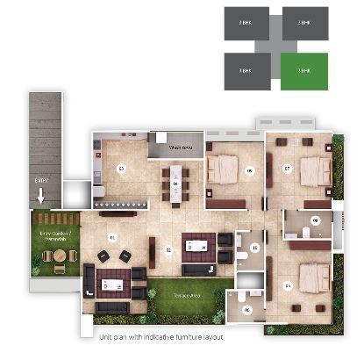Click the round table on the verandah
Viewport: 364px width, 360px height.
coord(59,256)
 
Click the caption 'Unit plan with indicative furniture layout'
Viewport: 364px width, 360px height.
coord(161,337)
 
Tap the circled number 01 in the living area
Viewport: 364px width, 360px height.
coord(112,238)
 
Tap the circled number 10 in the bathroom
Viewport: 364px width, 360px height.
coord(255,248)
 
